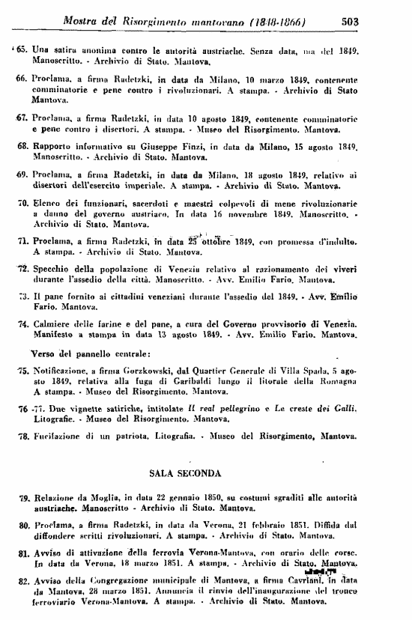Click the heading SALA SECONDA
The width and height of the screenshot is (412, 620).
pyautogui.click(x=184, y=473)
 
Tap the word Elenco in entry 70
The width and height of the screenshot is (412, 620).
pyautogui.click(x=46, y=203)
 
